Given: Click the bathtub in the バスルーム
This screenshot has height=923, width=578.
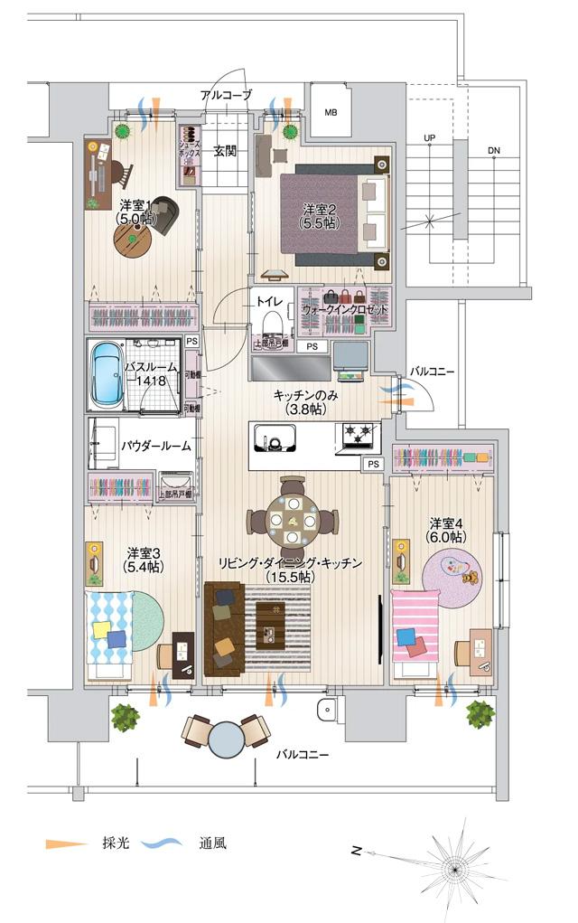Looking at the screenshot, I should (x=107, y=374).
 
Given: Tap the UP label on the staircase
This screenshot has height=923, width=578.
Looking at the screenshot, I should (x=430, y=138).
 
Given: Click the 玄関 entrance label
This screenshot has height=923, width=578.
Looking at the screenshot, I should (x=225, y=151).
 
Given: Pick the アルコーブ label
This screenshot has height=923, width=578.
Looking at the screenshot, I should (x=226, y=95).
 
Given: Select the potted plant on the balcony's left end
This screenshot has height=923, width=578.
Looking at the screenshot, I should (x=125, y=717).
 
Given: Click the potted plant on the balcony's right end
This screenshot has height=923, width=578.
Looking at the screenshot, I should (x=480, y=713).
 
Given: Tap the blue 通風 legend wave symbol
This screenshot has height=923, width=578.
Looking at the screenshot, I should (x=163, y=843).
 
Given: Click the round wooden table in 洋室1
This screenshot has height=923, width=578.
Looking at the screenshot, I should (x=133, y=240).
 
